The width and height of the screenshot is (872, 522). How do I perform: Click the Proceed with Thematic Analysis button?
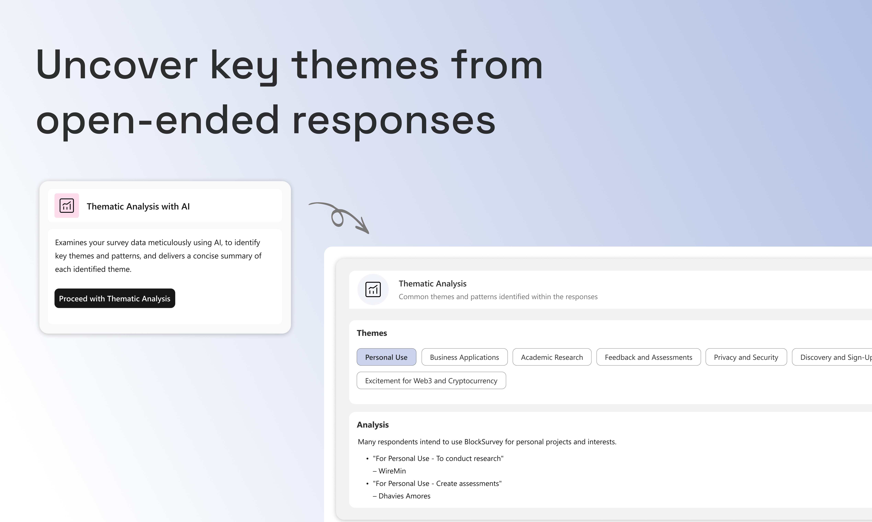coord(115,298)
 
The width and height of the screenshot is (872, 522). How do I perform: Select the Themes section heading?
coord(372,333)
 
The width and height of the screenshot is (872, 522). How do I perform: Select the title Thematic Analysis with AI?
coord(138,206)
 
